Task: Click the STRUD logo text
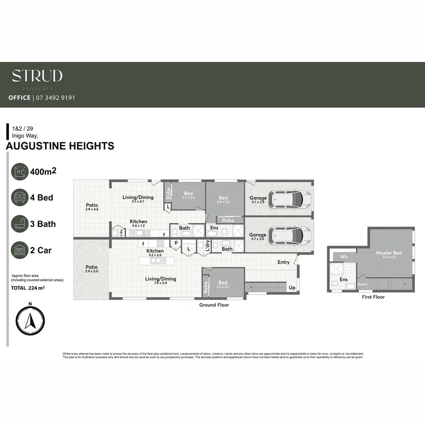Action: pos(37,76)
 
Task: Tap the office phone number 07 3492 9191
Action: pos(55,98)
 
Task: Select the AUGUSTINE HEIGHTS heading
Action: pos(60,146)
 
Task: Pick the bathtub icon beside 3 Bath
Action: pos(20,224)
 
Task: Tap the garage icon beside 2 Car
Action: pos(20,250)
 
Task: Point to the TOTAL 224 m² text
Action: pos(28,288)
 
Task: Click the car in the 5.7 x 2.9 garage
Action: pos(290,200)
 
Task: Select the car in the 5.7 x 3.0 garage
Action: pos(290,235)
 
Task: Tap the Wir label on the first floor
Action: pos(344,257)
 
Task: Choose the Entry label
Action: pos(283,262)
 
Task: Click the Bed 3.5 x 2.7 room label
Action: pos(223,285)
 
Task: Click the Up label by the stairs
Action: pos(292,288)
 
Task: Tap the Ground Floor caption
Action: pos(214,305)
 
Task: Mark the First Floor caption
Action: pos(373,297)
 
